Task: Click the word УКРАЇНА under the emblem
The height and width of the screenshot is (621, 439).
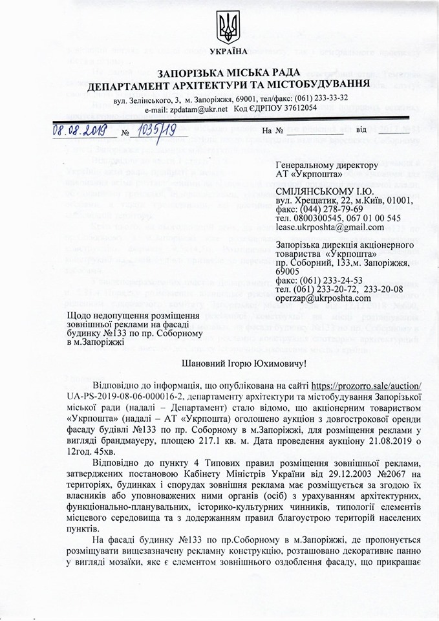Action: click(228, 51)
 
